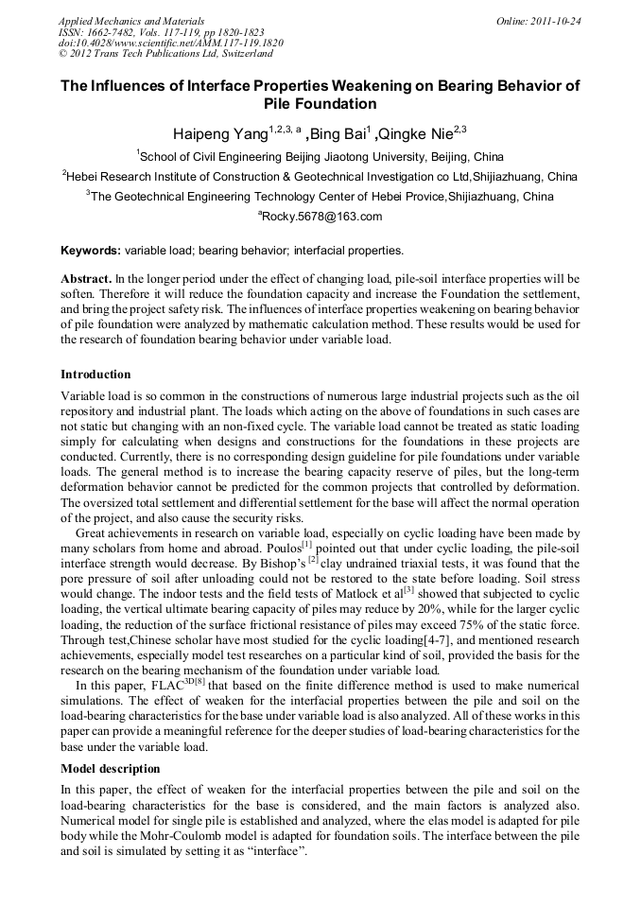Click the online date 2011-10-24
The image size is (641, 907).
[x=552, y=20]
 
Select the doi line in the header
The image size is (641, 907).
[x=170, y=44]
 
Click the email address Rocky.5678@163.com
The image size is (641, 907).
[x=321, y=217]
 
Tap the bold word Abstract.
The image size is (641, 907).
[x=86, y=280]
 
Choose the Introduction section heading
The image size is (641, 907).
[x=95, y=375]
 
